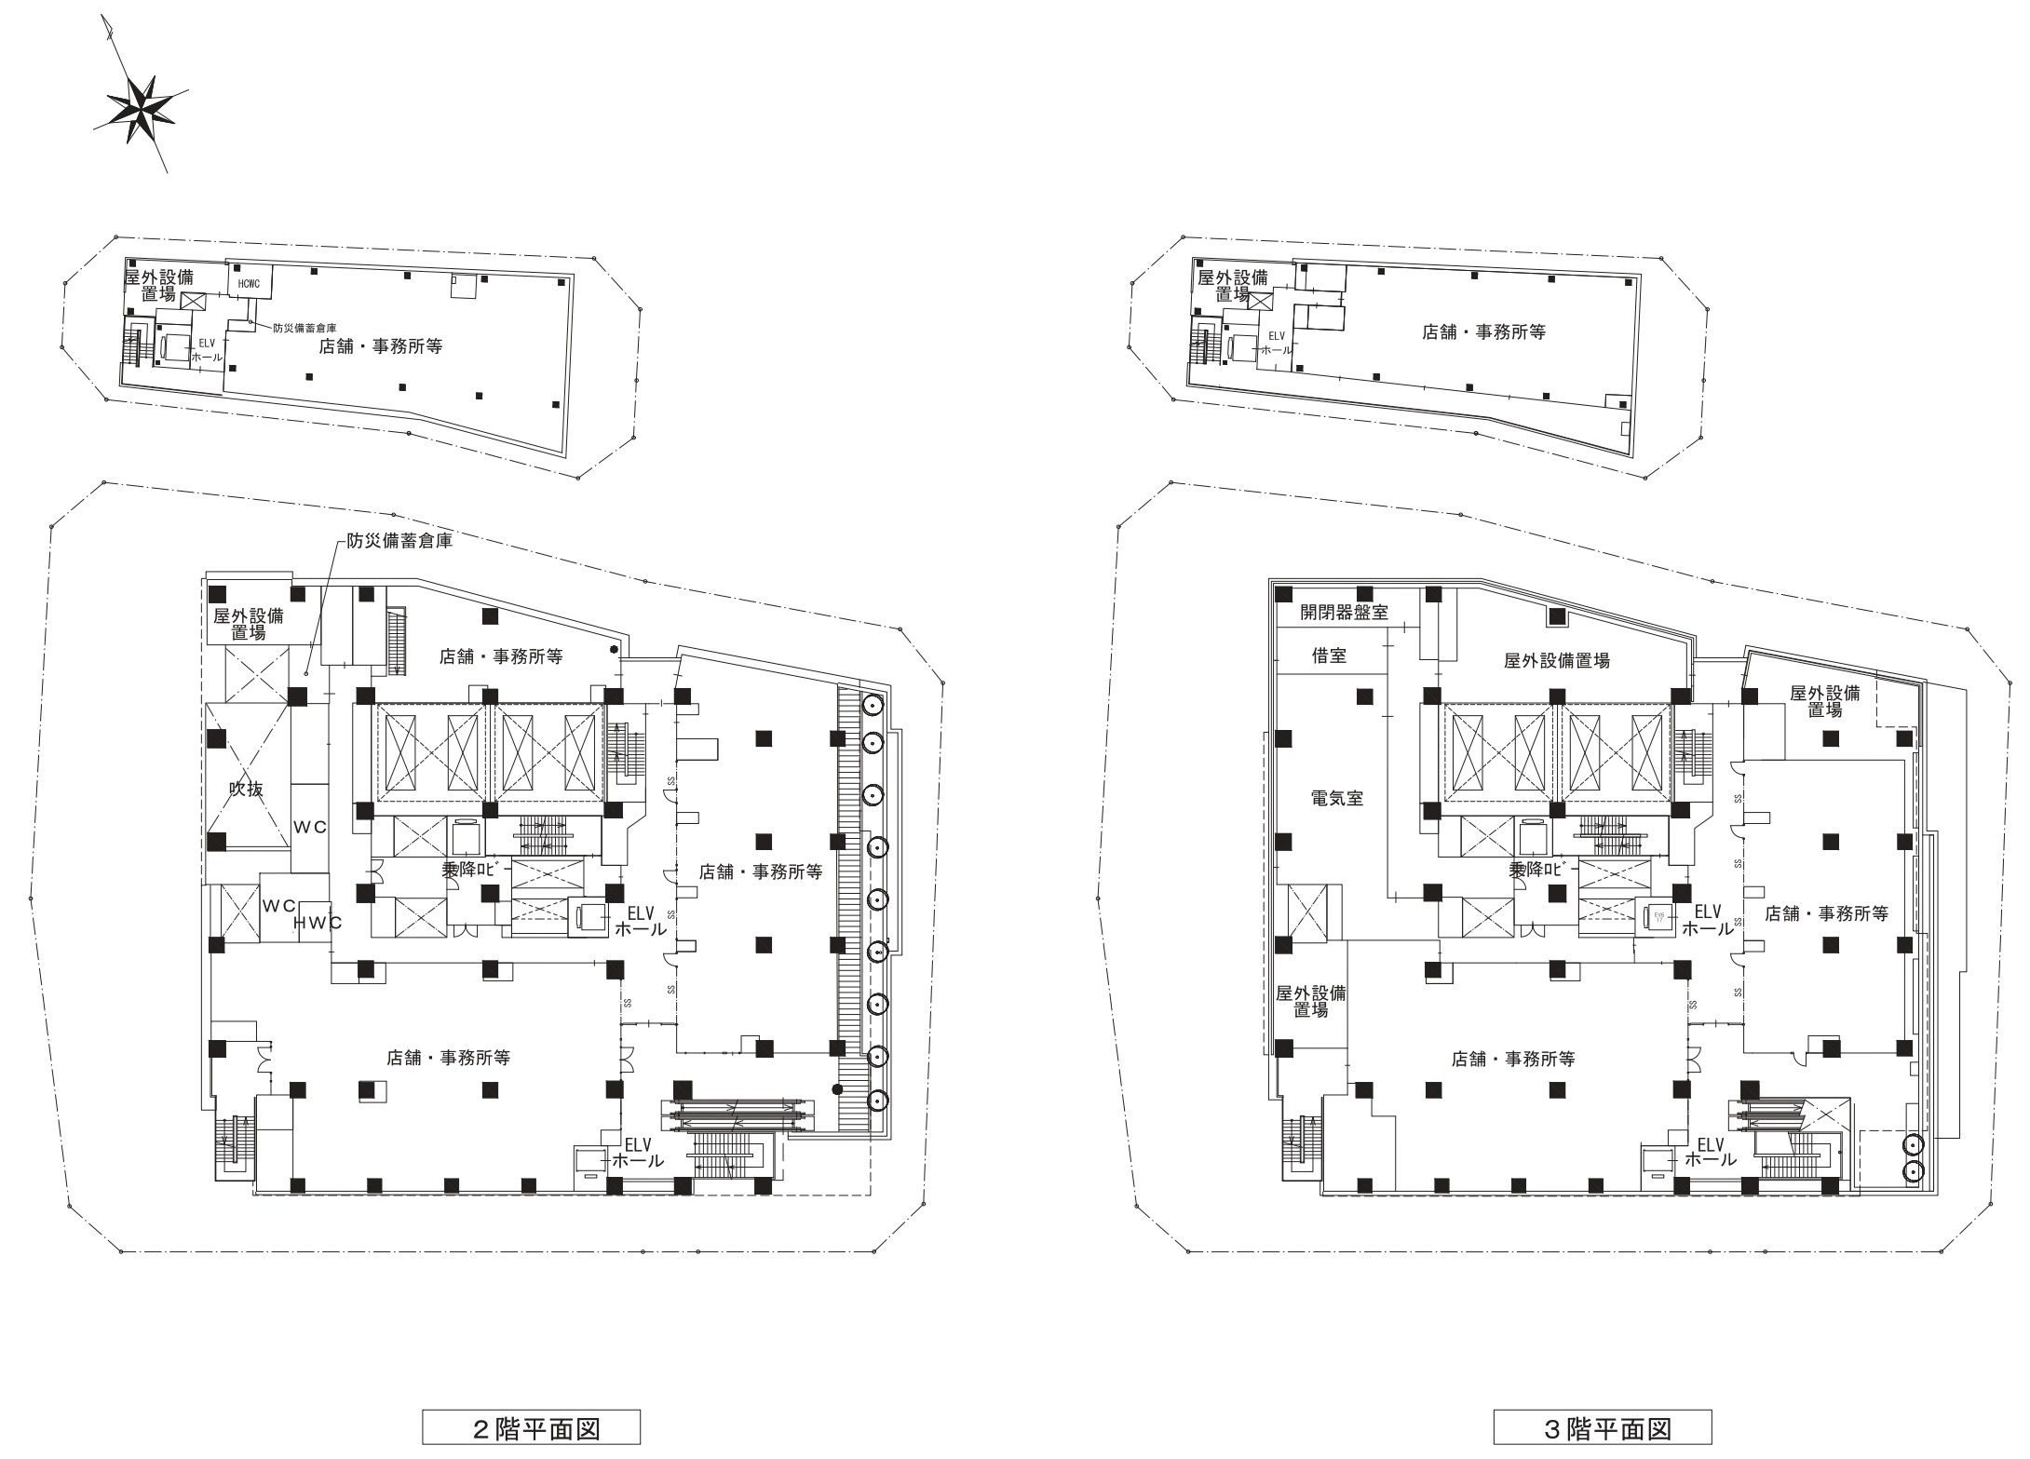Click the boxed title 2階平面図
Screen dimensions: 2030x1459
[x=532, y=1428]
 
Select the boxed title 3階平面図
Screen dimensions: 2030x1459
[x=1603, y=1428]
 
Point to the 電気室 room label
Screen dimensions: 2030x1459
[x=1336, y=798]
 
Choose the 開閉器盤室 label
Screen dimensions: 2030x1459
[x=1344, y=613]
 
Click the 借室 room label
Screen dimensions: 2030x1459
[x=1329, y=656]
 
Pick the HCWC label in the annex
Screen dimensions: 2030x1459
[x=248, y=283]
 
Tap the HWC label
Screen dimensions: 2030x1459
[x=318, y=923]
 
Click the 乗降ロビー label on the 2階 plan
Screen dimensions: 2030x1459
[x=477, y=869]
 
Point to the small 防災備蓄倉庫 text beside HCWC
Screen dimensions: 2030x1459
[x=304, y=328]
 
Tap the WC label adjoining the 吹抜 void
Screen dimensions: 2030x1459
[x=310, y=827]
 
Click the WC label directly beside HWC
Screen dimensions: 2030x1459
[x=279, y=905]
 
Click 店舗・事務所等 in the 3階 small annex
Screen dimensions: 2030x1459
[x=1483, y=331]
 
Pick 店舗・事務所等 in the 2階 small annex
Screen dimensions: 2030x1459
[x=380, y=346]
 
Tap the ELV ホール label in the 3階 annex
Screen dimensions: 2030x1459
[x=1275, y=344]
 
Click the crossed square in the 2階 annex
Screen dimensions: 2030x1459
[x=195, y=302]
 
